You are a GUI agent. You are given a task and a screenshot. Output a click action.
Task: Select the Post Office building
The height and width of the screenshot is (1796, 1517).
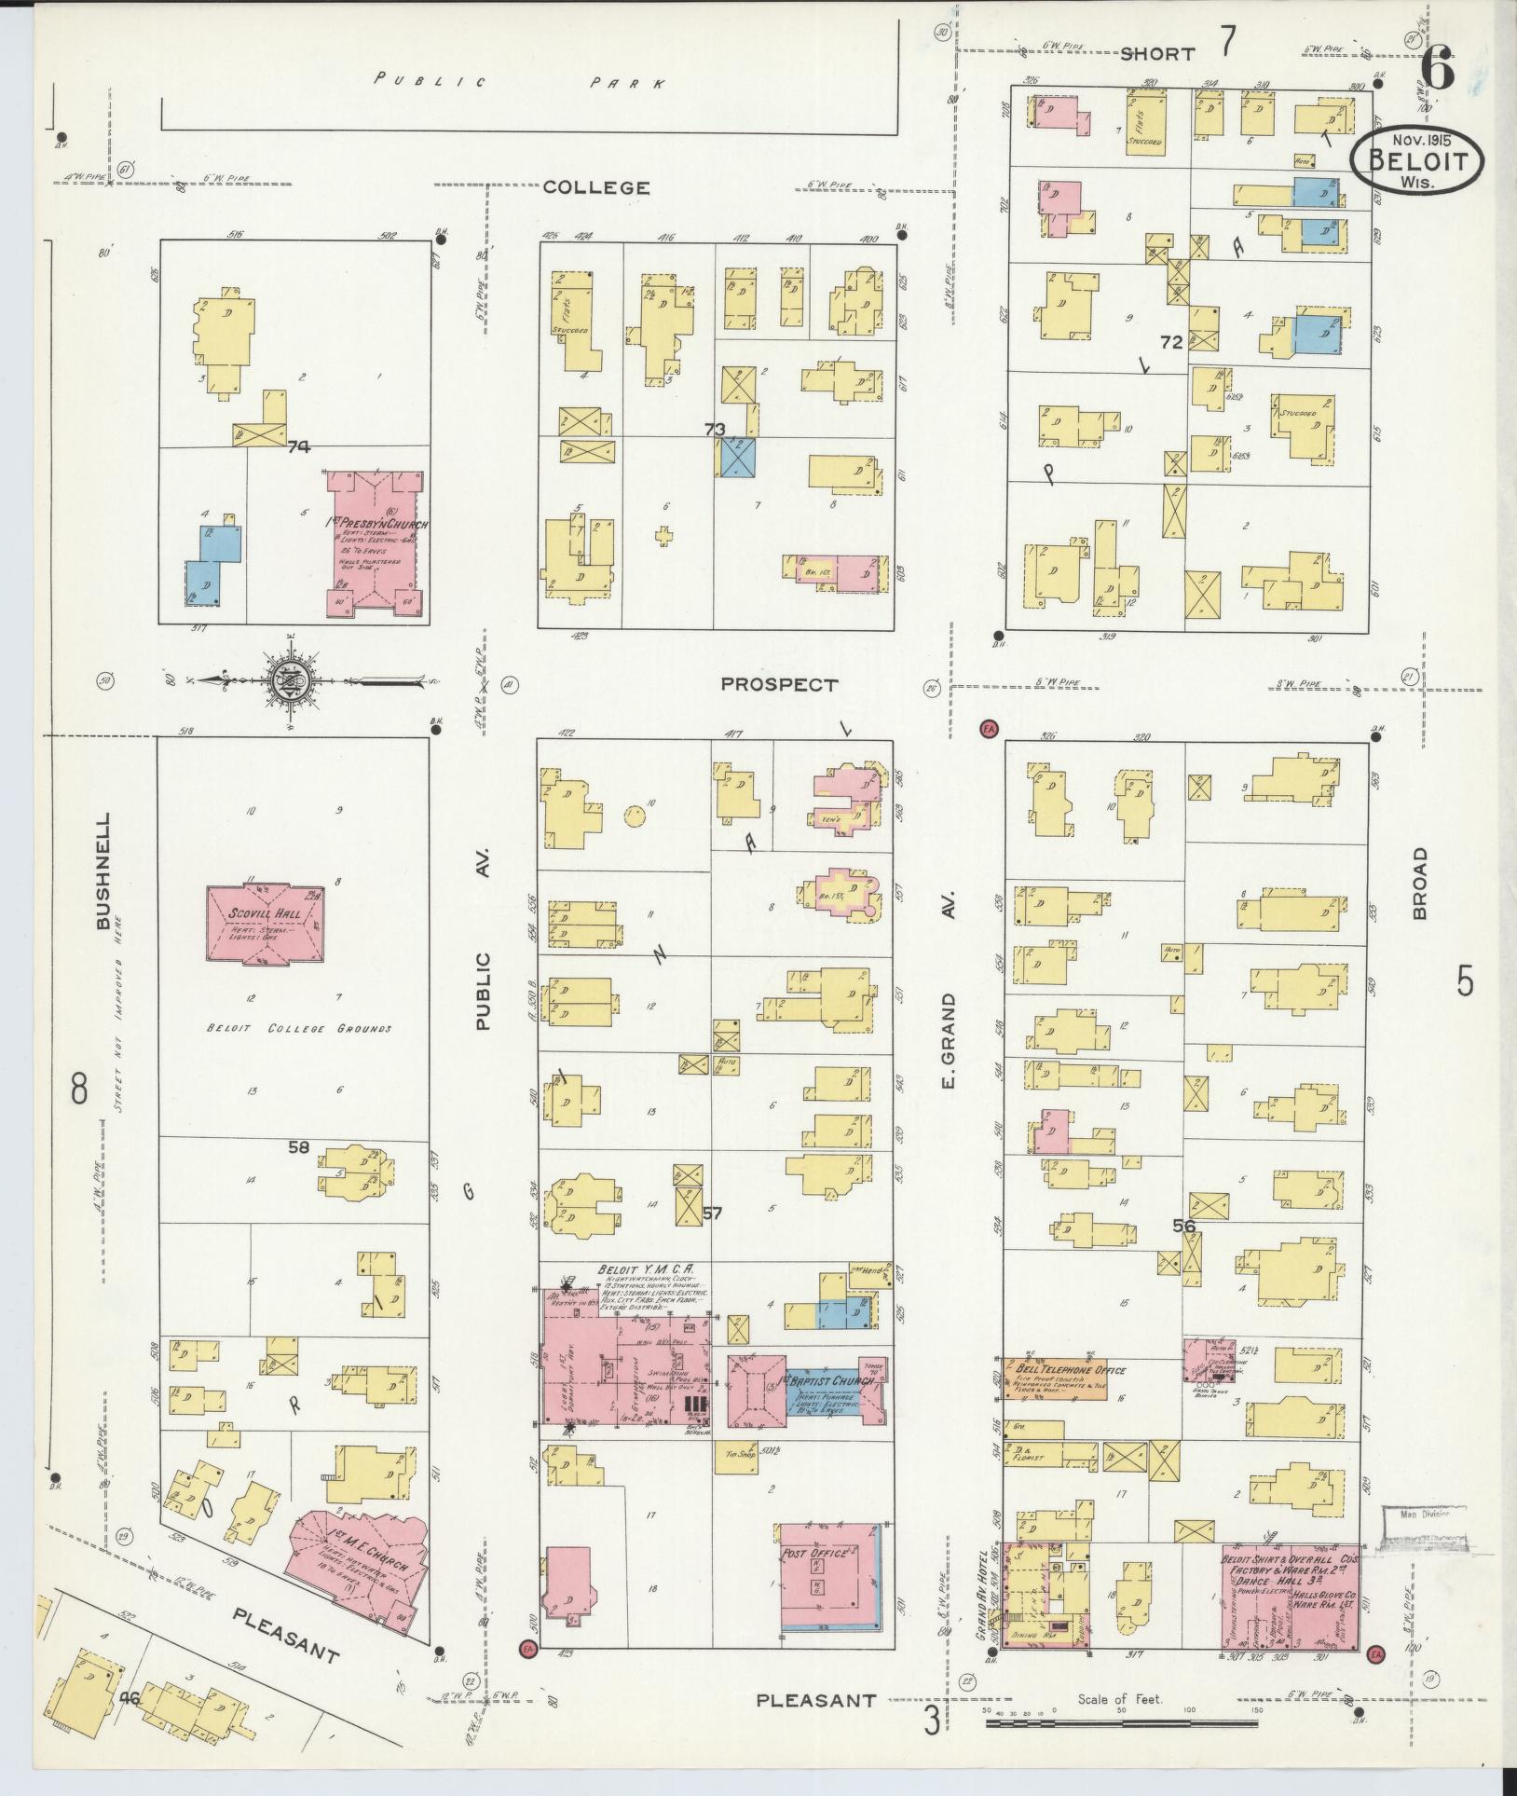pyautogui.click(x=829, y=1577)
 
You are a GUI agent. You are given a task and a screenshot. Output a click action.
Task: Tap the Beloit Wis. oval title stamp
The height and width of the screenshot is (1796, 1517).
pyautogui.click(x=1417, y=159)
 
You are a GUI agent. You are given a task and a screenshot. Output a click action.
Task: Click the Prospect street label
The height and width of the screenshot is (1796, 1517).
pyautogui.click(x=779, y=685)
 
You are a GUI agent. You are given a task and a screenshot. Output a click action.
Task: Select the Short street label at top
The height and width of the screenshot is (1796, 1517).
pyautogui.click(x=1156, y=54)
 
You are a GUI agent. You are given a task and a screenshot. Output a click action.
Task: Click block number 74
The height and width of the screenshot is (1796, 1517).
pyautogui.click(x=298, y=447)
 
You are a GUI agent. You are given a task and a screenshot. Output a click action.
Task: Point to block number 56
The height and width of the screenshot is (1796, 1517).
pyautogui.click(x=1183, y=1227)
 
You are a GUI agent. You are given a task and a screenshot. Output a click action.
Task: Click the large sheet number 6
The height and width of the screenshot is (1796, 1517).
pyautogui.click(x=1438, y=72)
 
